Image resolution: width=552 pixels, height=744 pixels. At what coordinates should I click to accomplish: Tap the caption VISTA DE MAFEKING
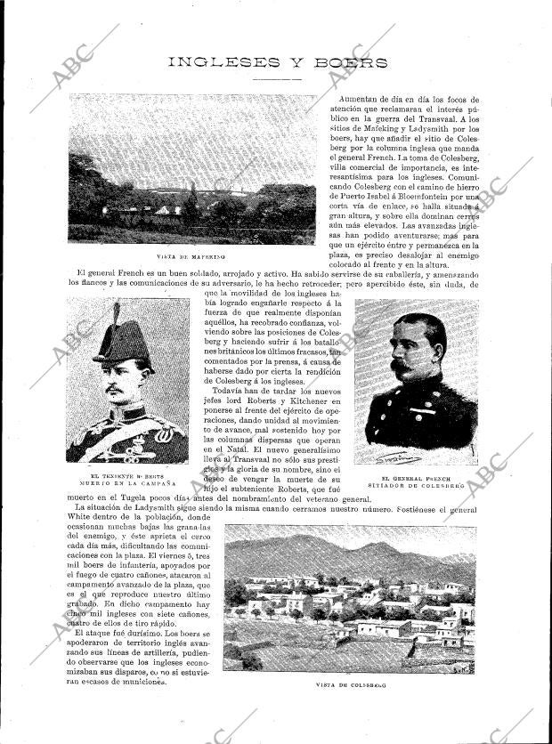click(191, 256)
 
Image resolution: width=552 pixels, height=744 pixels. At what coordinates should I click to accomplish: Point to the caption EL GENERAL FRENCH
click(415, 479)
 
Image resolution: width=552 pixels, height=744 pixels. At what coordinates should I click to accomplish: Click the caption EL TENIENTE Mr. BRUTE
click(126, 476)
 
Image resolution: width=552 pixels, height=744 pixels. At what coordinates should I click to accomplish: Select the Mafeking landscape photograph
click(191, 169)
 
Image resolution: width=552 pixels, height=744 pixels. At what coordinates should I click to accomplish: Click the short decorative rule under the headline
click(276, 79)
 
